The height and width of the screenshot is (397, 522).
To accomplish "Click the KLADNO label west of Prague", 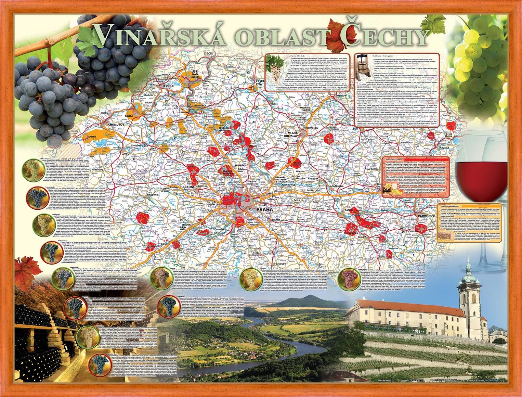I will tap(188, 188).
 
